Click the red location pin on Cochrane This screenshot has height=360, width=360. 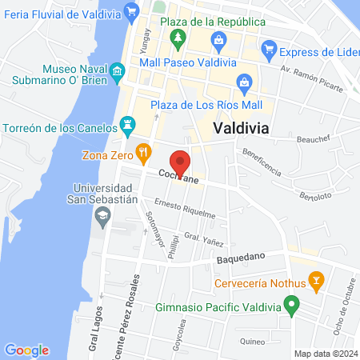click(x=181, y=162)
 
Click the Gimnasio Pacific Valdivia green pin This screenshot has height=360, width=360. click(x=292, y=305)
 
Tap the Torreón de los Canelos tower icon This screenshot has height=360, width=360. click(x=126, y=125)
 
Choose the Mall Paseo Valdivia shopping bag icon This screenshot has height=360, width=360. click(x=218, y=40)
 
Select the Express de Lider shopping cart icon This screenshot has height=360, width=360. click(x=270, y=50)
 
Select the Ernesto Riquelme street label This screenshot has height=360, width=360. click(x=185, y=208)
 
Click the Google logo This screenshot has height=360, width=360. click(x=26, y=350)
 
